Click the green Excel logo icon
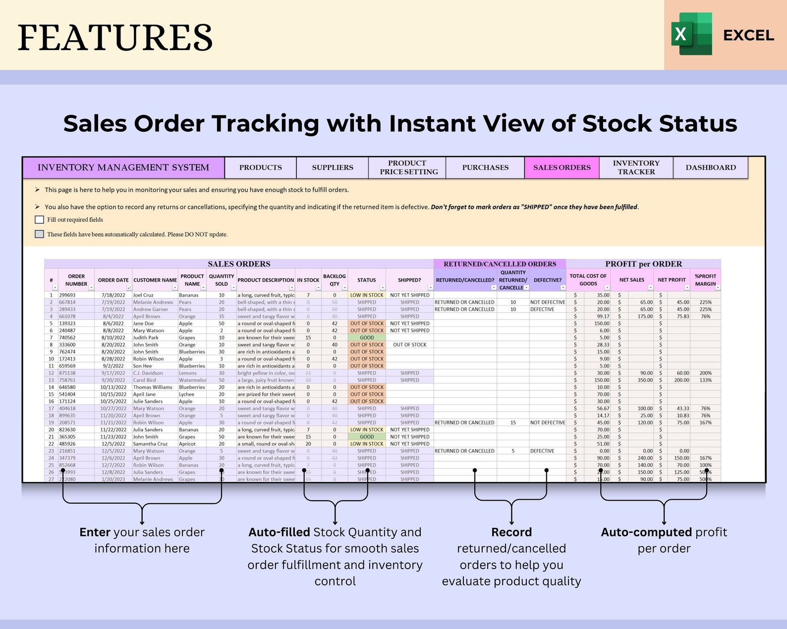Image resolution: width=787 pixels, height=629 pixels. (691, 34)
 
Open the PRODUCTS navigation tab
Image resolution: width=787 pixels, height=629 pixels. (260, 167)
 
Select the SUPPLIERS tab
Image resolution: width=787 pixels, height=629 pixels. (333, 167)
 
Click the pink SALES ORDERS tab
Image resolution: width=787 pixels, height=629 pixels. (562, 167)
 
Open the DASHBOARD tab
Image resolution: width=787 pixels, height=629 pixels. (711, 167)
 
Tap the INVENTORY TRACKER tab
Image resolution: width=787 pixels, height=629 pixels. (636, 167)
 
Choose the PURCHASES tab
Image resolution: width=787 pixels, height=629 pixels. (485, 167)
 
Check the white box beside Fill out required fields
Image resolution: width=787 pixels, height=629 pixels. (40, 219)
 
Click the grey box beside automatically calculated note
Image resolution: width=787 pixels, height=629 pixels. (40, 234)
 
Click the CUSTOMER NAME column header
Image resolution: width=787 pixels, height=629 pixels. (155, 280)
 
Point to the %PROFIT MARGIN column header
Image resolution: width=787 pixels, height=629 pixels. (705, 280)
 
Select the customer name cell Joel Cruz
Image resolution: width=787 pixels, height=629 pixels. (143, 295)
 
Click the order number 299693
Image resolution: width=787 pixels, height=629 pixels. (67, 295)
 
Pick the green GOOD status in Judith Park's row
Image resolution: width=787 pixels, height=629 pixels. (367, 338)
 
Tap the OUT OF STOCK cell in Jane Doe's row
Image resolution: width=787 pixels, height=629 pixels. (367, 323)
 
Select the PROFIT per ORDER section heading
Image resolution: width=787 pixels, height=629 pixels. (643, 264)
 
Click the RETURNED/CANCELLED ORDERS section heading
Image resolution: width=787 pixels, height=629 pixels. (500, 264)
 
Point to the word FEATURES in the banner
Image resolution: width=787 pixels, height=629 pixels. (115, 38)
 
